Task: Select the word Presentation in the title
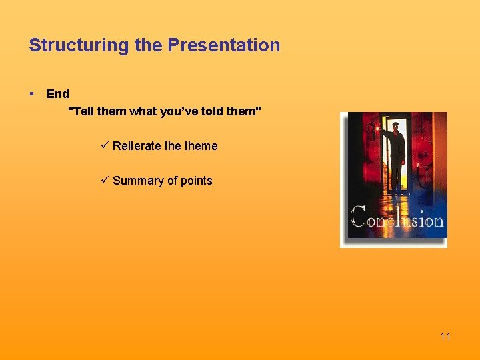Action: [224, 45]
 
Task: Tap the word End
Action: [58, 94]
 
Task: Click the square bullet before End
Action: [31, 94]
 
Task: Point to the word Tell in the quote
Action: [82, 111]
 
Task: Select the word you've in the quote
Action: [178, 111]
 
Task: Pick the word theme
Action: [201, 146]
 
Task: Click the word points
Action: [196, 181]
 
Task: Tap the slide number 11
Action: [445, 337]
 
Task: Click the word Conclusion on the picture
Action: [397, 219]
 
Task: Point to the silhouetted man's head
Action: [396, 127]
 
